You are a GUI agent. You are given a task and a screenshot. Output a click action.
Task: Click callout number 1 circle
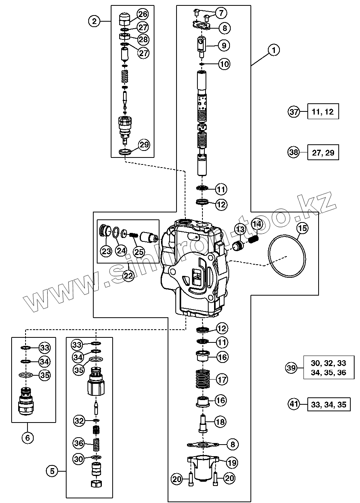click(x=274, y=50)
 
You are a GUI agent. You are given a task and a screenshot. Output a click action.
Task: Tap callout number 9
click(x=223, y=45)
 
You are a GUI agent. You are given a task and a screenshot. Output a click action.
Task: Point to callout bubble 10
click(x=224, y=63)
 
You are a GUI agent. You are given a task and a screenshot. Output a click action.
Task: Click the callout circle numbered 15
click(x=303, y=228)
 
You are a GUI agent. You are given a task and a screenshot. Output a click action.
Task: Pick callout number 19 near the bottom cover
click(x=232, y=462)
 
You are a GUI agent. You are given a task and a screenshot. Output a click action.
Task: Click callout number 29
click(x=144, y=145)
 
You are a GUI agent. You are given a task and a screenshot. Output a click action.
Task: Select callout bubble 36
click(x=79, y=442)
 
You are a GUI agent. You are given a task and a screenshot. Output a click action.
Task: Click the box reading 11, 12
click(x=323, y=112)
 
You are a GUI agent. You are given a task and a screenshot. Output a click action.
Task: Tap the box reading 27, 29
click(x=323, y=152)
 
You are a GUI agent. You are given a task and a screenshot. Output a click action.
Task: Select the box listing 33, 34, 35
click(x=329, y=404)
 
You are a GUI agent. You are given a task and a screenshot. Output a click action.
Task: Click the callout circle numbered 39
click(x=291, y=368)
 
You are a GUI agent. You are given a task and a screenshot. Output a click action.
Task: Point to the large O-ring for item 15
click(x=287, y=256)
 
